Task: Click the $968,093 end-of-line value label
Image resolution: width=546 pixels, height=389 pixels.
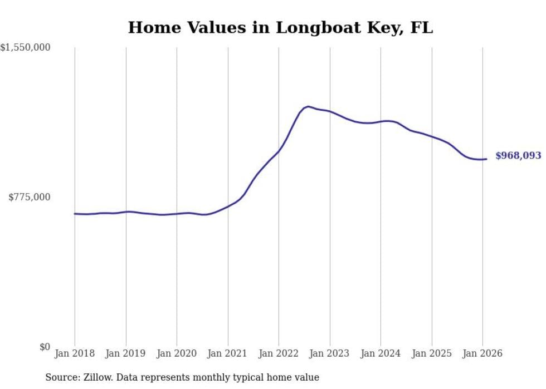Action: point(518,156)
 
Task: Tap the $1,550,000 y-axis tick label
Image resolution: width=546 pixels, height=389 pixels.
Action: point(26,48)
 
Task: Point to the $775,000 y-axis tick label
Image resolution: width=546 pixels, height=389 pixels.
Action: point(30,197)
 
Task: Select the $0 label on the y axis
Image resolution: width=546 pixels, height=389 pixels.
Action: point(45,347)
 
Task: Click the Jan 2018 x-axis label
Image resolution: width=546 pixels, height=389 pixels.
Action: point(75,353)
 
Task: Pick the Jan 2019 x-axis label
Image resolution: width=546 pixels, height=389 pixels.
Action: point(126,353)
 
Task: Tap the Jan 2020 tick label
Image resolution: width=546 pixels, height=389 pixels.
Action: point(177,353)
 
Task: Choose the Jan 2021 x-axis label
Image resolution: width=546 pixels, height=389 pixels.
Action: point(228,353)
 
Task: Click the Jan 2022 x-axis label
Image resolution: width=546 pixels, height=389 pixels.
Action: point(279,353)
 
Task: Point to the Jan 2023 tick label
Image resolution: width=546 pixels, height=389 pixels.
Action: point(330,353)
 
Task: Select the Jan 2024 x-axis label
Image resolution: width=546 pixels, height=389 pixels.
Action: point(381,353)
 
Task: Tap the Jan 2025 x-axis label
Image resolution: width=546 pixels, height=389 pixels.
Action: point(432,353)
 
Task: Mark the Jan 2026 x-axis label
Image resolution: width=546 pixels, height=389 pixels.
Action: point(482,353)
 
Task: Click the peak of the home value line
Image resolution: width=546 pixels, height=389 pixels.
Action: point(308,106)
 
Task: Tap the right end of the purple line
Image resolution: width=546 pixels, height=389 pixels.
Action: point(486,159)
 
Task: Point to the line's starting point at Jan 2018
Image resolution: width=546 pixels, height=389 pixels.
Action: point(75,213)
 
